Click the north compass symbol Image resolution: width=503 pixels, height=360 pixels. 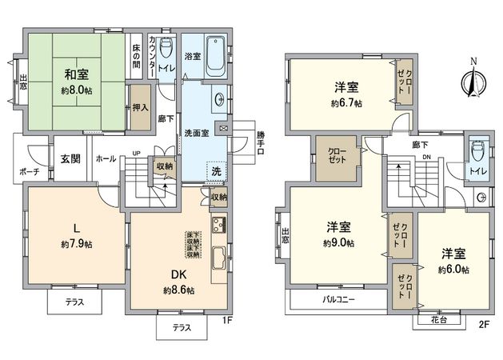coord(473,78)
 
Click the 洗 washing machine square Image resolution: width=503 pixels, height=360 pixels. coord(217,170)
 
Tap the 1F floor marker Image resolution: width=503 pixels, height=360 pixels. coord(226,322)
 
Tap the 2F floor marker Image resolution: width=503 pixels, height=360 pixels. coord(482,325)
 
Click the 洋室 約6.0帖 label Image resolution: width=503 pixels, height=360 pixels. coord(453,261)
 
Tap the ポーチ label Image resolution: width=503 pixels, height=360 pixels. coord(30,172)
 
